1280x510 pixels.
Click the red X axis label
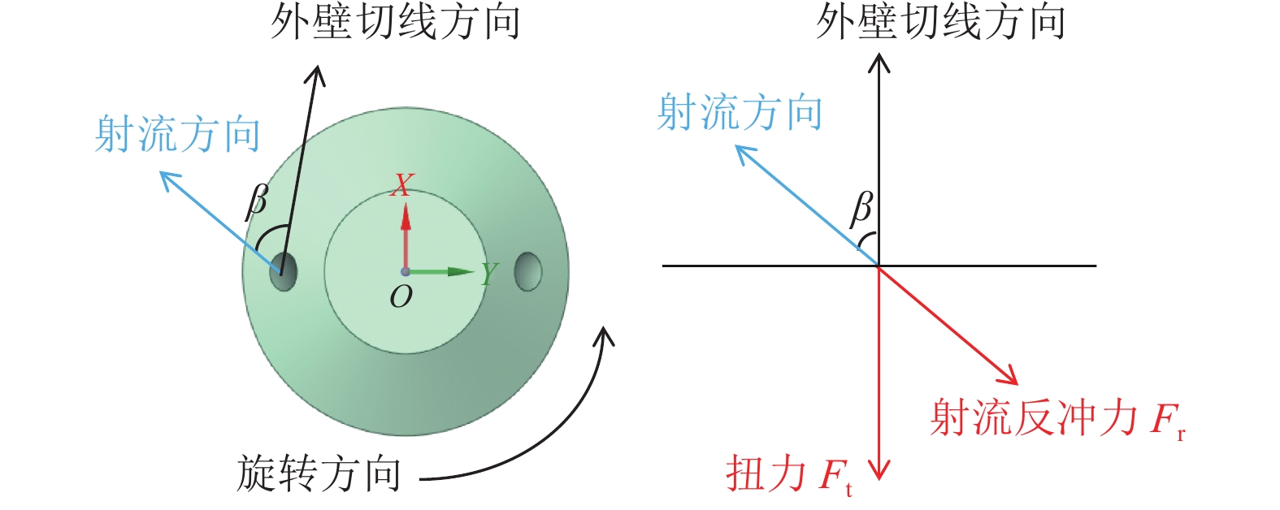tap(401, 185)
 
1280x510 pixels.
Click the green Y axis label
tap(488, 274)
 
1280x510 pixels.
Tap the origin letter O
tap(401, 297)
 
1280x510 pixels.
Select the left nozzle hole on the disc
tap(284, 271)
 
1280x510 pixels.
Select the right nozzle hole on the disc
tap(528, 271)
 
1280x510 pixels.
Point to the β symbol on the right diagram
tap(861, 209)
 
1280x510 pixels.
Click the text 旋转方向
tap(319, 473)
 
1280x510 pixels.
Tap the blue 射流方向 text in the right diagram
tap(739, 112)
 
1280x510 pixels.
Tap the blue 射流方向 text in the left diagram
tap(177, 134)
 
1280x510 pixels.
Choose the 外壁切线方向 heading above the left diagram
tap(395, 22)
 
